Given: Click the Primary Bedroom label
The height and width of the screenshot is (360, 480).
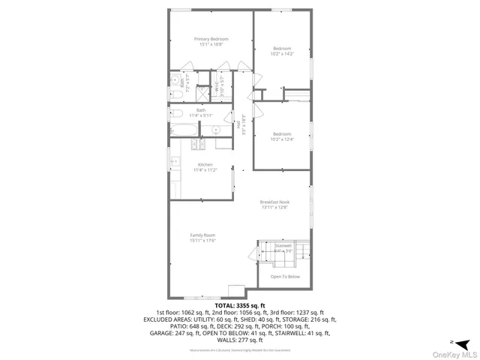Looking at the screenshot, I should pyautogui.click(x=211, y=39).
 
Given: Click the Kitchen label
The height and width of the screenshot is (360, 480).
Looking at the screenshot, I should pyautogui.click(x=205, y=164).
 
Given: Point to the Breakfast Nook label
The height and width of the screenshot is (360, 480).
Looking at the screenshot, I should pyautogui.click(x=275, y=202).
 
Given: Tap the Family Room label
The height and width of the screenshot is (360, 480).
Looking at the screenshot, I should pyautogui.click(x=202, y=235).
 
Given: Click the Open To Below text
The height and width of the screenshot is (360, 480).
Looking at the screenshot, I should pyautogui.click(x=285, y=277).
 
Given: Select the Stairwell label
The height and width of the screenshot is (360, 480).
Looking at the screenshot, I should pyautogui.click(x=283, y=245).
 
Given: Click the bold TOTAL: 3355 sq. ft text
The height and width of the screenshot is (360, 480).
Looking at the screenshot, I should pyautogui.click(x=240, y=306).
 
